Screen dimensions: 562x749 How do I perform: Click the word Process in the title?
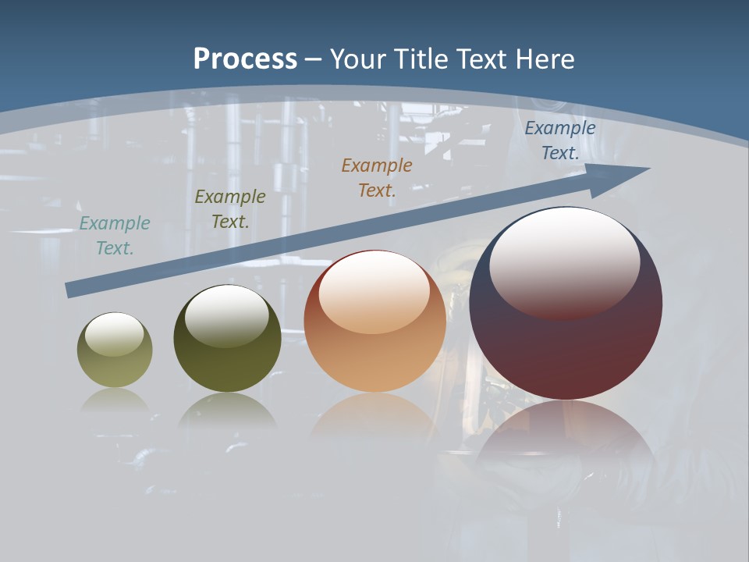tap(245, 59)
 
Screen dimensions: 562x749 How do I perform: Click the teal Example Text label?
tap(115, 236)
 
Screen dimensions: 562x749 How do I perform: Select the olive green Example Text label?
tap(230, 209)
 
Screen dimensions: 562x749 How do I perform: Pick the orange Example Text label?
tap(377, 178)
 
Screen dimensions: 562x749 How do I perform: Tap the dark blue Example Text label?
tap(560, 140)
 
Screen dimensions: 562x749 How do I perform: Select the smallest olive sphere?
tap(115, 367)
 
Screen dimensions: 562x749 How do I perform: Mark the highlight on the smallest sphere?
tap(114, 334)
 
